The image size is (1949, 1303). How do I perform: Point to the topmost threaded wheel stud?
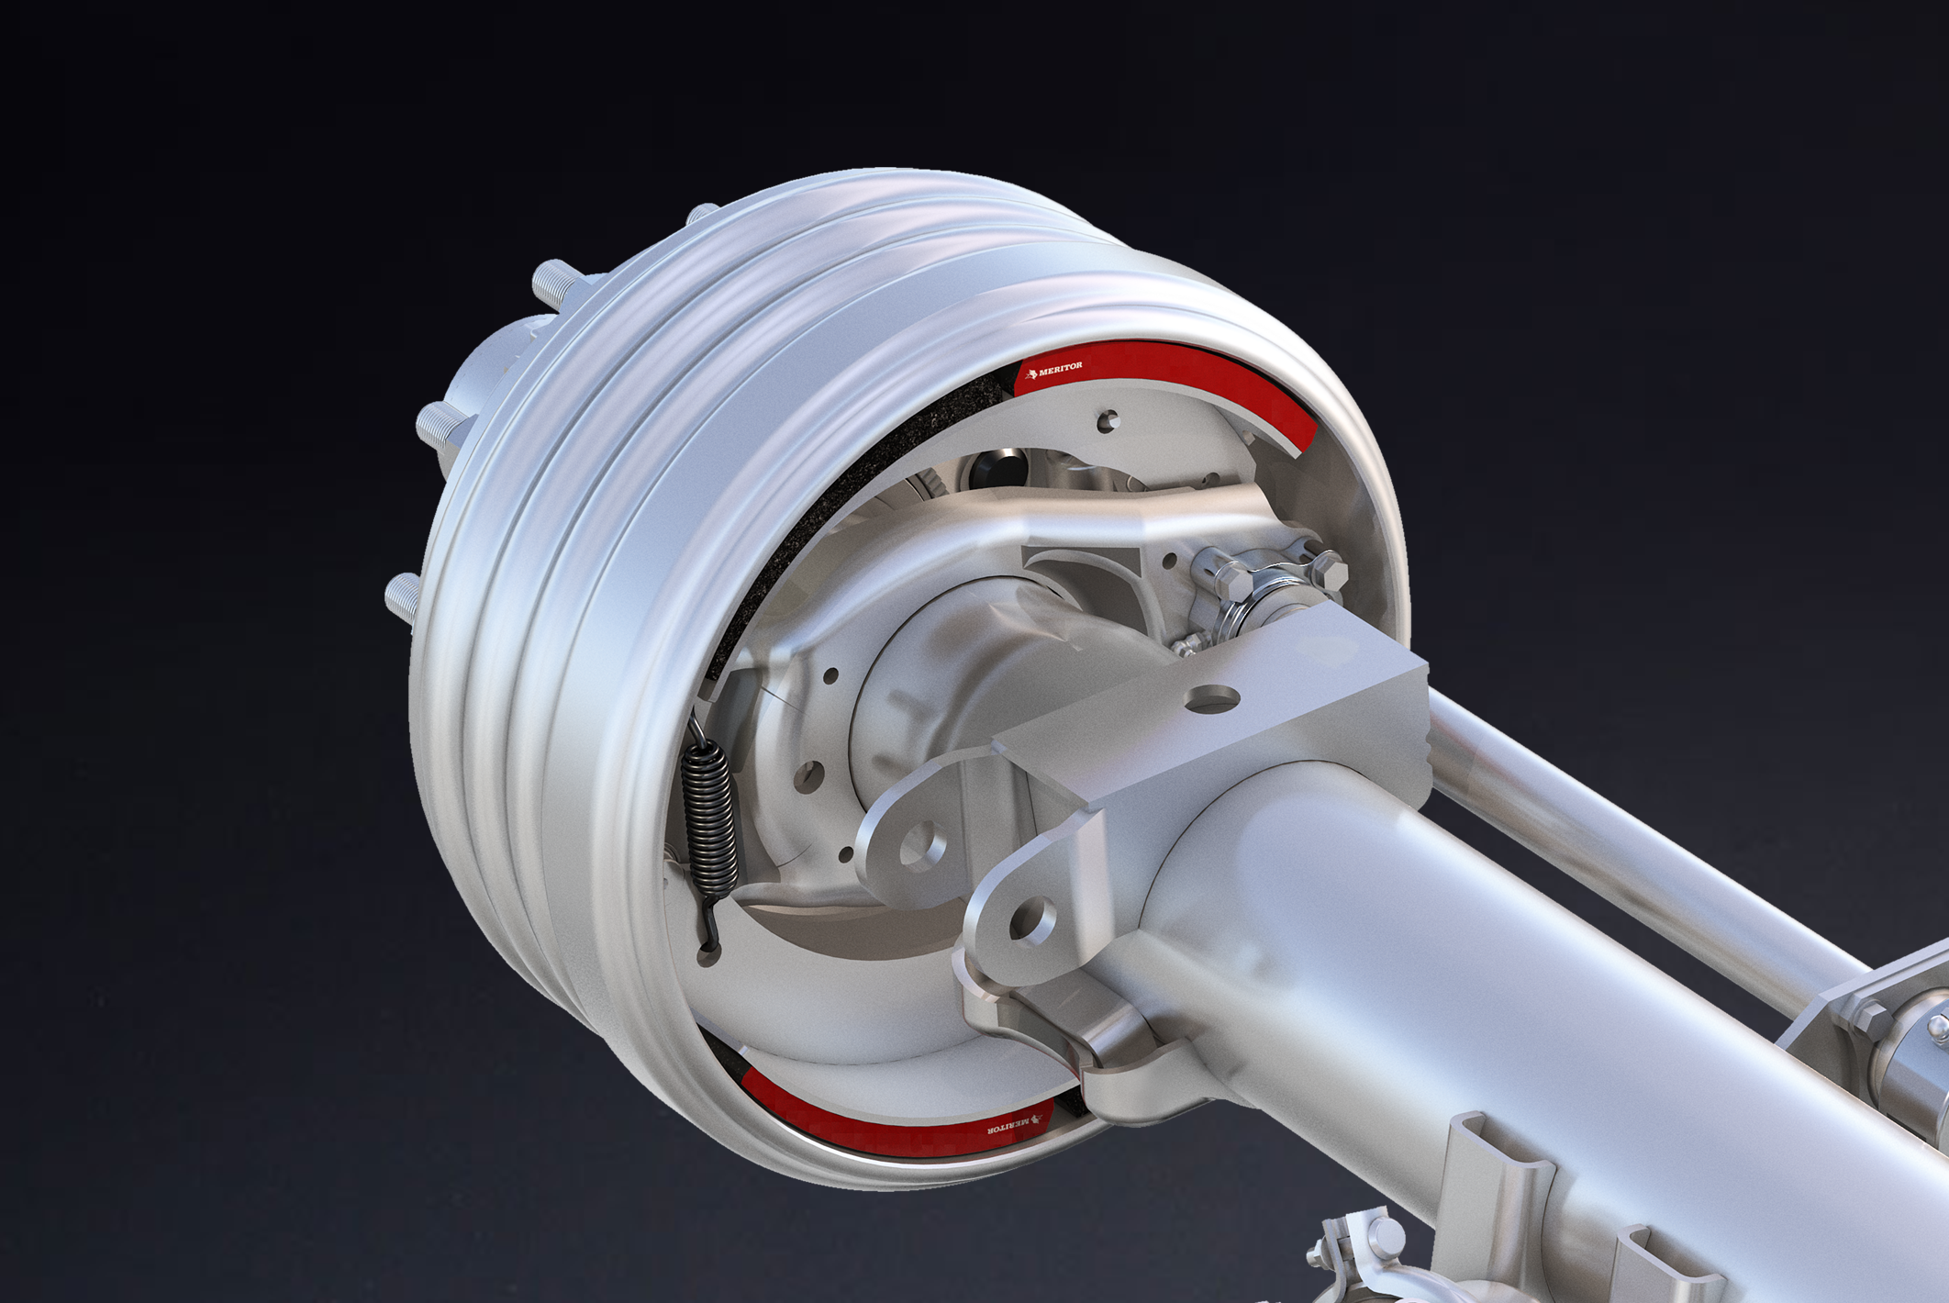pos(703,214)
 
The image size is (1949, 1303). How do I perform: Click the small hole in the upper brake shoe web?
pos(1108,419)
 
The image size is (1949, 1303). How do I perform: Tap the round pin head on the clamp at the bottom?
pos(1385,1232)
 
